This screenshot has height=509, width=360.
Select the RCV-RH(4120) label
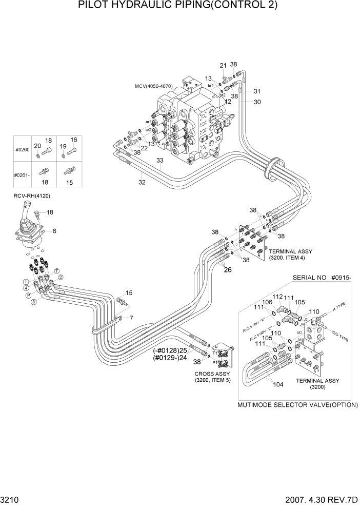click(x=32, y=196)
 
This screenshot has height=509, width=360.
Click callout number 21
click(x=223, y=65)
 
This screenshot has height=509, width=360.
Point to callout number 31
click(x=257, y=91)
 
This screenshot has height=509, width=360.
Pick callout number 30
click(x=257, y=102)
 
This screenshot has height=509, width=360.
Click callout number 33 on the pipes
click(x=159, y=161)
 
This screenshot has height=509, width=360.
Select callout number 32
click(x=142, y=181)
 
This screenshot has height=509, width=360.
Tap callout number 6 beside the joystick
click(x=54, y=231)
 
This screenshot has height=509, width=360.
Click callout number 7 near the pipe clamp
click(x=131, y=318)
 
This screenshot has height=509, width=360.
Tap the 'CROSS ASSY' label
click(x=210, y=374)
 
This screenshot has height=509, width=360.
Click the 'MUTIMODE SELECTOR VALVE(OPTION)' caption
click(x=297, y=405)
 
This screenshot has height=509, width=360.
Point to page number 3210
click(x=10, y=500)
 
